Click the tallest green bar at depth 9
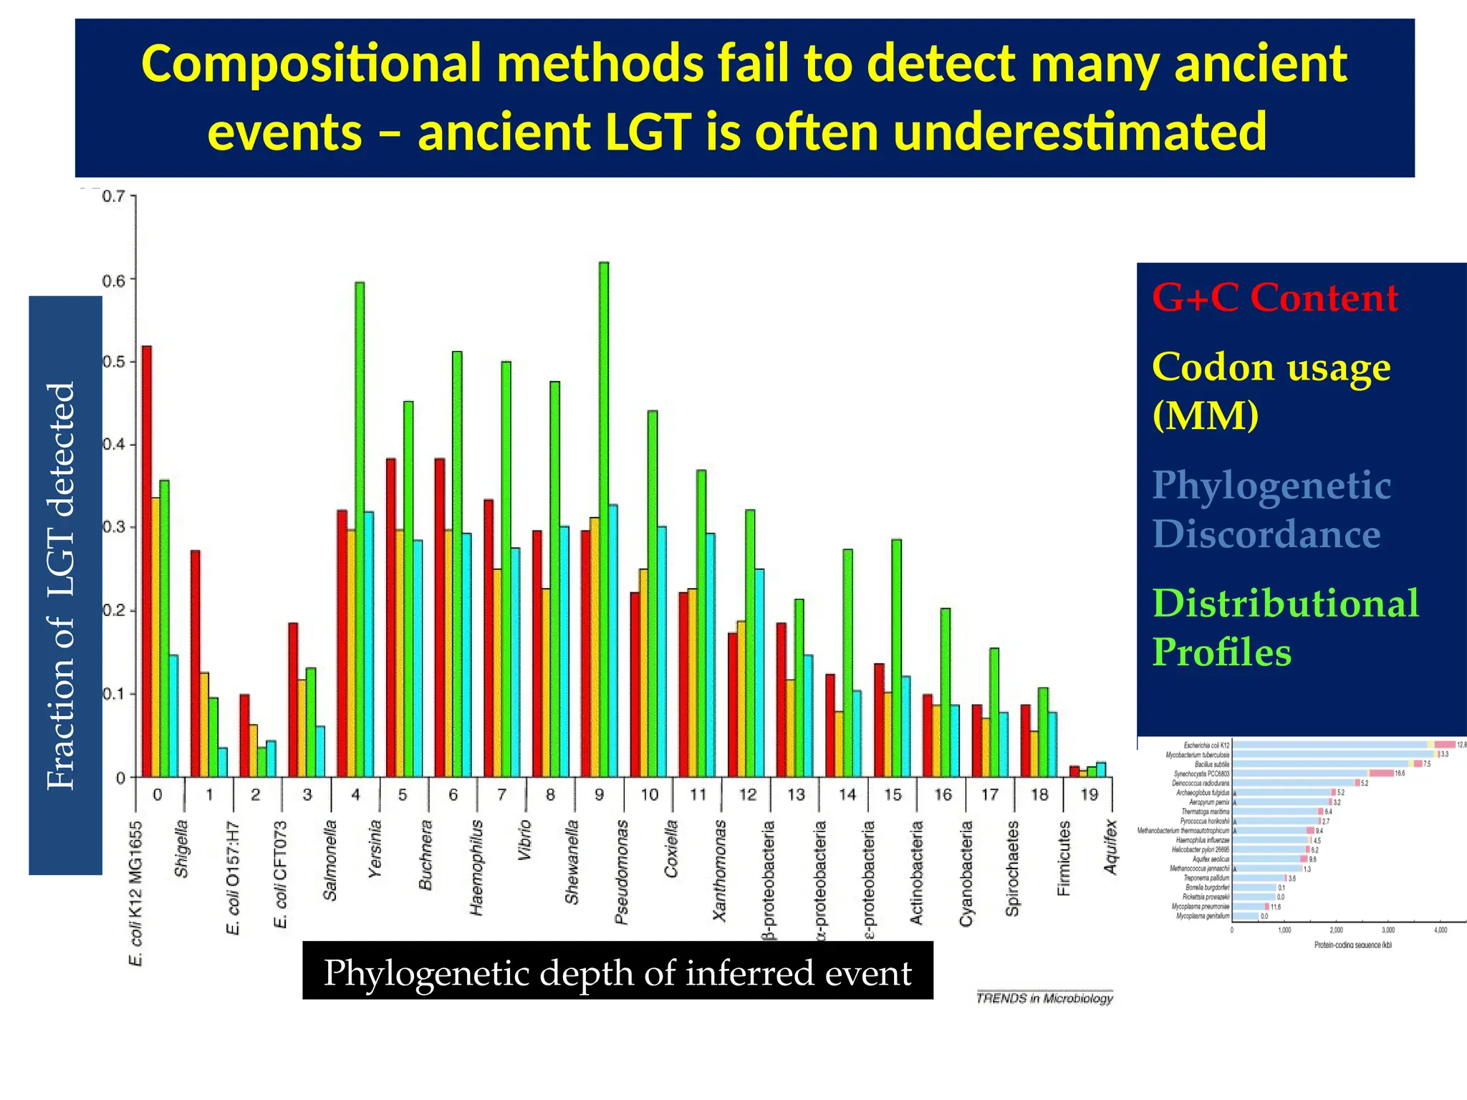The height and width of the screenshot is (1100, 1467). [604, 519]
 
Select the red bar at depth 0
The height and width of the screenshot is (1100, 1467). [147, 561]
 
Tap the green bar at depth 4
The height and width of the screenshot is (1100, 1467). [360, 530]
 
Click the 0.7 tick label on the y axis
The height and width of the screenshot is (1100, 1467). [114, 196]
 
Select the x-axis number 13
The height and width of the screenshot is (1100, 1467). [796, 794]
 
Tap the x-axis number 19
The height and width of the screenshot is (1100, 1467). [1089, 794]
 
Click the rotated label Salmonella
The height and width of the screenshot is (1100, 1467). [330, 860]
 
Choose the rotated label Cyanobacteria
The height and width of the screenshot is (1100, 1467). [966, 873]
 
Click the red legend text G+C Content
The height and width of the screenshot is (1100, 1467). [1274, 297]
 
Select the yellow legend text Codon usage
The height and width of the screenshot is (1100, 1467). [1271, 367]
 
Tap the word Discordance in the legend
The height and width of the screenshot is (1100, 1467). [1266, 534]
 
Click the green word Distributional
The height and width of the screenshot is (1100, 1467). [1285, 603]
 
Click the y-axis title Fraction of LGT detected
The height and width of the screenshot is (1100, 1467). [62, 586]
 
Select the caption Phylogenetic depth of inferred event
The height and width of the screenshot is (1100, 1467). [617, 973]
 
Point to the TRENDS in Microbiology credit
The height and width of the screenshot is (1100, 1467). [1044, 998]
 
